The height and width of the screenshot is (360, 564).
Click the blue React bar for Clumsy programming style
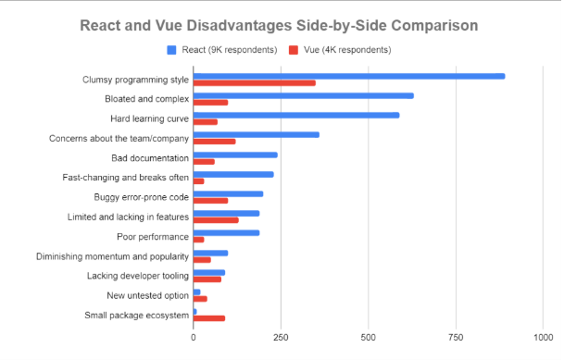pyautogui.click(x=349, y=76)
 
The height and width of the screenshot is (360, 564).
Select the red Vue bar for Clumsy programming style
pyautogui.click(x=254, y=83)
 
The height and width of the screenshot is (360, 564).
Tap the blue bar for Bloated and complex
pyautogui.click(x=303, y=95)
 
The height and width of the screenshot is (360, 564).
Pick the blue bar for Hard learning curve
pyautogui.click(x=296, y=115)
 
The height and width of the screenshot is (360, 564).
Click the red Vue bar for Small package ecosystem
pyautogui.click(x=209, y=318)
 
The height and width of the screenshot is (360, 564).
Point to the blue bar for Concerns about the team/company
pyautogui.click(x=256, y=134)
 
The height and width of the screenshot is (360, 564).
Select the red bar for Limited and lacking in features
pyautogui.click(x=216, y=219)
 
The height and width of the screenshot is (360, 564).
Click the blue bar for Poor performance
pyautogui.click(x=226, y=232)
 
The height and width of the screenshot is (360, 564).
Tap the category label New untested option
pyautogui.click(x=142, y=295)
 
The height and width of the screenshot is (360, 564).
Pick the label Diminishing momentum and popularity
pyautogui.click(x=112, y=256)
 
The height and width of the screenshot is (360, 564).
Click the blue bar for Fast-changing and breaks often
pyautogui.click(x=233, y=174)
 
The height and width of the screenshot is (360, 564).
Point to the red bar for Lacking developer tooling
pyautogui.click(x=207, y=279)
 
